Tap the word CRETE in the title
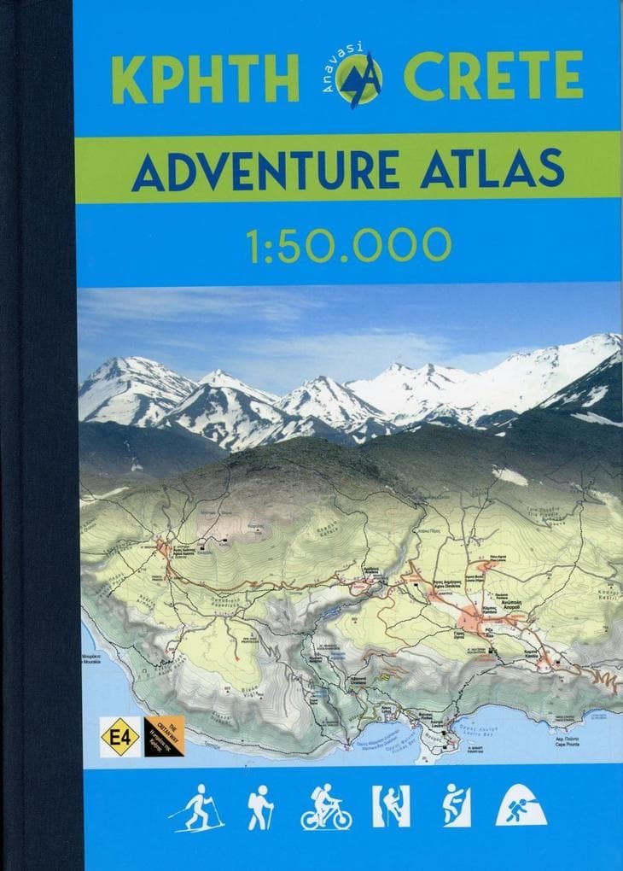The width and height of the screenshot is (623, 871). (x=493, y=79)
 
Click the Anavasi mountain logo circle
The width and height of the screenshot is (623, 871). (x=360, y=79)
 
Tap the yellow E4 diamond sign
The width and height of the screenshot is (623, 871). (x=119, y=736)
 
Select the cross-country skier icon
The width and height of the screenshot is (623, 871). (x=198, y=807)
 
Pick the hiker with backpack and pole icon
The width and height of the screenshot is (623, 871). (x=259, y=807)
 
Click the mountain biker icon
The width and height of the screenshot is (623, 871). (x=326, y=808)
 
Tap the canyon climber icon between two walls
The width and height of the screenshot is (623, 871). (x=391, y=806)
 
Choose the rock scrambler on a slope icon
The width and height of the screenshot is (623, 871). (x=456, y=806)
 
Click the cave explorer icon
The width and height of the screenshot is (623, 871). (x=521, y=807)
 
